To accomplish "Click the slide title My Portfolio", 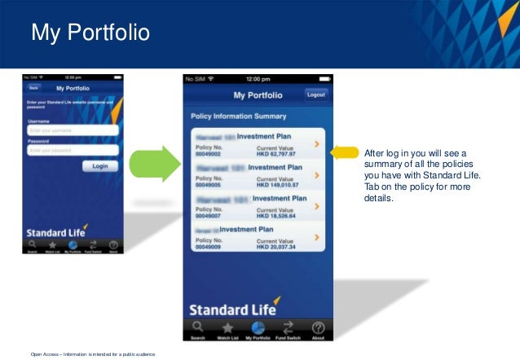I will (x=90, y=33).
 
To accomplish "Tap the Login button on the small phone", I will (x=100, y=165).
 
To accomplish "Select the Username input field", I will (x=73, y=130).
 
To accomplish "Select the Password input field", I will (x=73, y=150).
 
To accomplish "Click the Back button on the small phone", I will (x=33, y=87).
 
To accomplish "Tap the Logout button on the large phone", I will (x=315, y=94).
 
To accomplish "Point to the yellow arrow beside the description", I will (x=345, y=152).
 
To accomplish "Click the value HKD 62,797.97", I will (x=275, y=153).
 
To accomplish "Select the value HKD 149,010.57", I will (x=277, y=184).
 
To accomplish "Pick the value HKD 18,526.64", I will (x=275, y=215).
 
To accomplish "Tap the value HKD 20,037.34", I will (x=275, y=246).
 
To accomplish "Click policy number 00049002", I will (x=209, y=153).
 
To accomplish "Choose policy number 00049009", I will (x=209, y=246).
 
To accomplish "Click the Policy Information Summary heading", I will (x=238, y=116).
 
